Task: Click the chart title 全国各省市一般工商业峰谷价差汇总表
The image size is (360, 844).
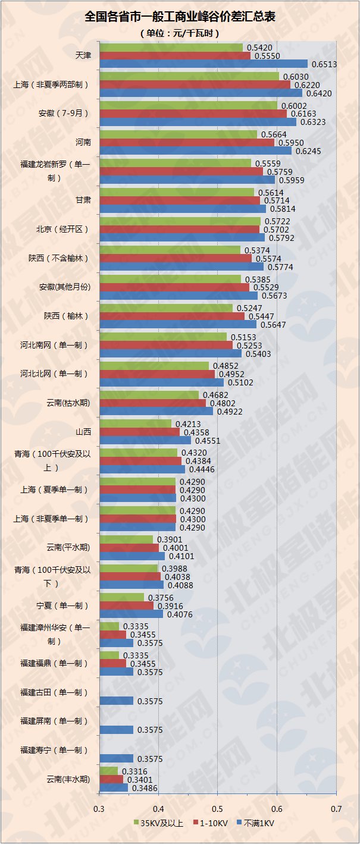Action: (180, 17)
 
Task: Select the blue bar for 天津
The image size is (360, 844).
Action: (203, 64)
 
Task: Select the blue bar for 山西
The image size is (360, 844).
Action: (145, 441)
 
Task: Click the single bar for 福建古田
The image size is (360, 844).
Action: (116, 701)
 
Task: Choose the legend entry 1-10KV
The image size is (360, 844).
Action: (211, 823)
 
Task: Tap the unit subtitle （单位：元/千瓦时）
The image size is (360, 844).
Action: (180, 33)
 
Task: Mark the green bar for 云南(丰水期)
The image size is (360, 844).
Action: (108, 771)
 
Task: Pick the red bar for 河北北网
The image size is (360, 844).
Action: (156, 374)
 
